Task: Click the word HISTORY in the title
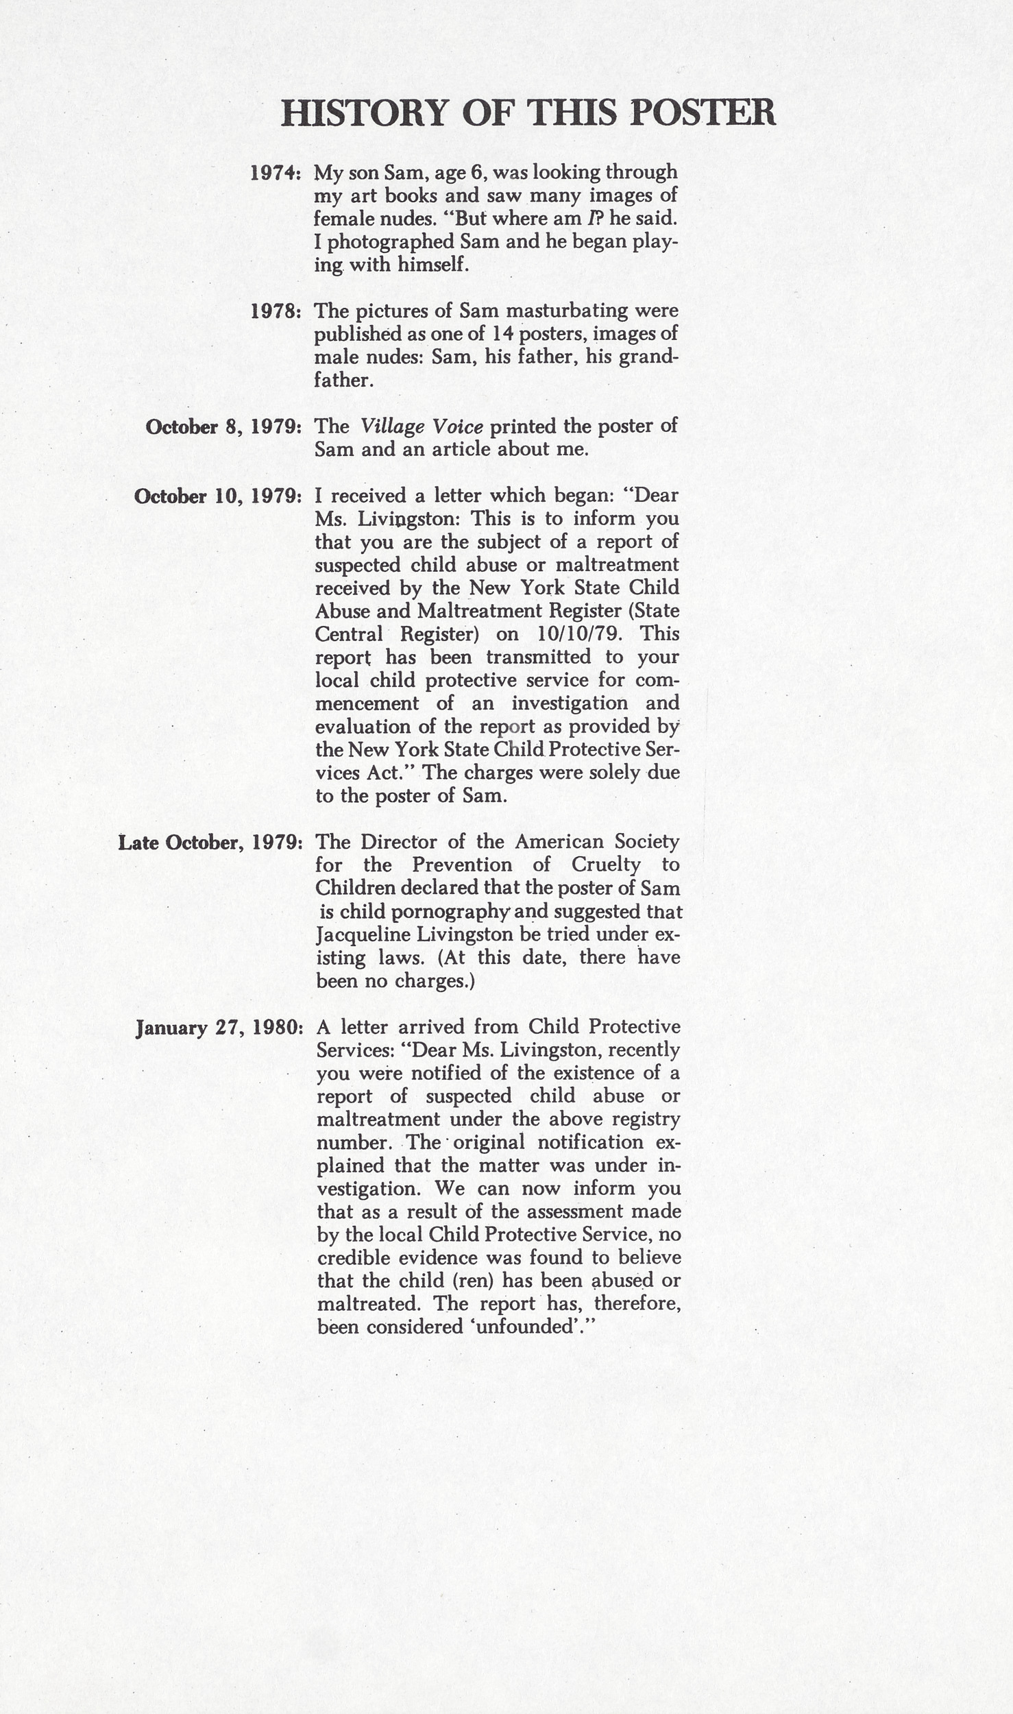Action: click(363, 113)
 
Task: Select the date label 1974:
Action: click(275, 173)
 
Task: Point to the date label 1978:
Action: click(275, 311)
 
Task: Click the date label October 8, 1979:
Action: click(223, 427)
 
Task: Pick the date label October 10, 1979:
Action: click(218, 496)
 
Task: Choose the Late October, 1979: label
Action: click(210, 843)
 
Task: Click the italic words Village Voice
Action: click(422, 427)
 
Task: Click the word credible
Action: click(354, 1257)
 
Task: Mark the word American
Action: click(557, 842)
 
